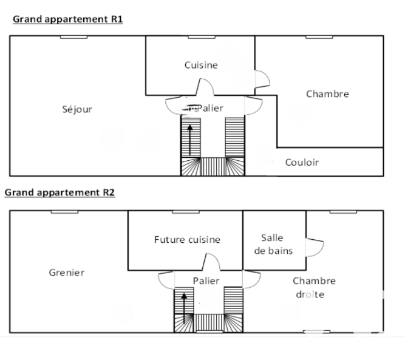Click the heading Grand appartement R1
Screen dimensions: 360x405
67,19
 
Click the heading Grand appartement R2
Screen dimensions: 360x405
60,192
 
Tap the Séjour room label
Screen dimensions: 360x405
77,109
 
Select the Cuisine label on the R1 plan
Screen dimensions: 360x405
201,65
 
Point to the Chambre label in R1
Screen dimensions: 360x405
327,93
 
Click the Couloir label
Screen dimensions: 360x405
302,162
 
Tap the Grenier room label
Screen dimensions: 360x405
67,273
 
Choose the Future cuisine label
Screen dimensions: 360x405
187,239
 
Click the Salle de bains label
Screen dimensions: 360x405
273,244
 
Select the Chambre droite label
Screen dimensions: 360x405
314,287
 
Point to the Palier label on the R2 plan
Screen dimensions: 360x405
206,280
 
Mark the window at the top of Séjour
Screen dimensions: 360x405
73,36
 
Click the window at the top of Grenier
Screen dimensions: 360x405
64,211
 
